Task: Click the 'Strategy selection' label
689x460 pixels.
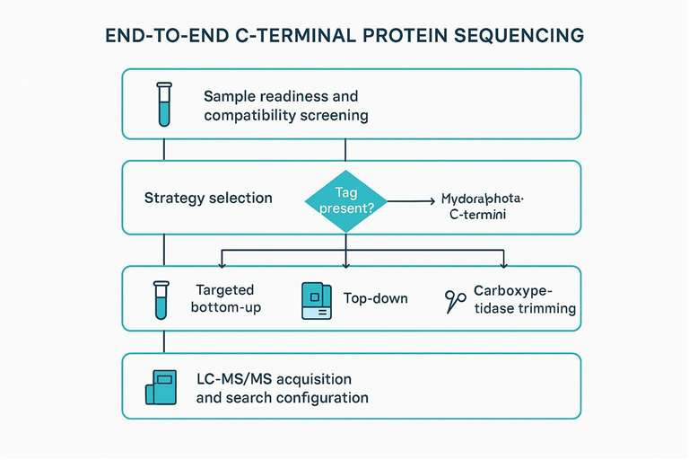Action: click(208, 198)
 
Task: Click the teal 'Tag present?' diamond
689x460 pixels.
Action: click(346, 199)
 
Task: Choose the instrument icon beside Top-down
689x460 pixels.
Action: click(316, 300)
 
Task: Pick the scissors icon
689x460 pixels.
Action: click(456, 301)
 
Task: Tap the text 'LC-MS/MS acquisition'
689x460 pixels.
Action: click(274, 378)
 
